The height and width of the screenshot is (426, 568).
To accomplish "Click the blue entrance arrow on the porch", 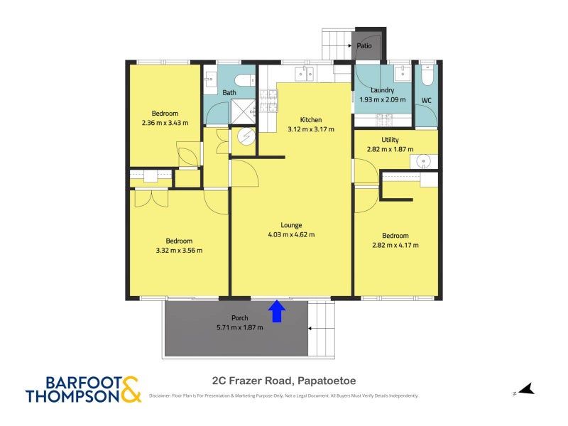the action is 277,312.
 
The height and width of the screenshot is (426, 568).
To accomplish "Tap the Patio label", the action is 364,45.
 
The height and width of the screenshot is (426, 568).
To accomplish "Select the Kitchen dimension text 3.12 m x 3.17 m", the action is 311,129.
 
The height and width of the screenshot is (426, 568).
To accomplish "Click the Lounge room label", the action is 291,225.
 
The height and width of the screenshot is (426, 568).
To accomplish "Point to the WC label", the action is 427,100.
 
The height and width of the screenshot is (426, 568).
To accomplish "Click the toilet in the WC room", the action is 427,76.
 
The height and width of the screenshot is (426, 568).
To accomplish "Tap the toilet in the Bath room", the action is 244,80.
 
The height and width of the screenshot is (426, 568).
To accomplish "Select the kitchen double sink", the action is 305,74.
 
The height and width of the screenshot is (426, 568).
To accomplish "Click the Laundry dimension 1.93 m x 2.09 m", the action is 383,99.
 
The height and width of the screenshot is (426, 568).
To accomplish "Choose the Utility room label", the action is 390,139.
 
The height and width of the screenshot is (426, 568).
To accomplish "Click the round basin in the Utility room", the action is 422,160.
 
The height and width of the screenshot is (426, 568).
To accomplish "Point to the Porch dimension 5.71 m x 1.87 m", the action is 240,327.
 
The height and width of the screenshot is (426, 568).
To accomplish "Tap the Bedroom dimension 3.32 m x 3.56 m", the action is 179,250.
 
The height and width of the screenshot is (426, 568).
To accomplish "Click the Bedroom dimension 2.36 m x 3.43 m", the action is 165,122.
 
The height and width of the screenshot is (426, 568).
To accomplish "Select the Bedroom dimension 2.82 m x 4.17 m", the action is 395,245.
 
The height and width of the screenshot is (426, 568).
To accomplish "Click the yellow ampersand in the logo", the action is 131,390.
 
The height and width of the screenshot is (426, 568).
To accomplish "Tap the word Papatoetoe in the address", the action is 327,381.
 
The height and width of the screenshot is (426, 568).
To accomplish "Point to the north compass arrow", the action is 526,389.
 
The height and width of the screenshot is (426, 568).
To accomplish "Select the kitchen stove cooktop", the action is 268,100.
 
